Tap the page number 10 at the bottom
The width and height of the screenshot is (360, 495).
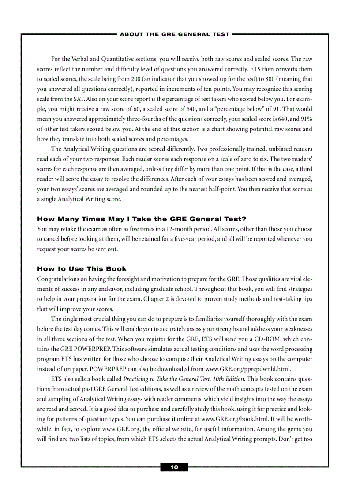pos(174,467)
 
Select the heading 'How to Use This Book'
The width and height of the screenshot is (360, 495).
pos(82,268)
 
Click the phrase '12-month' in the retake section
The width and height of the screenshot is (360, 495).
pos(177,229)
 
